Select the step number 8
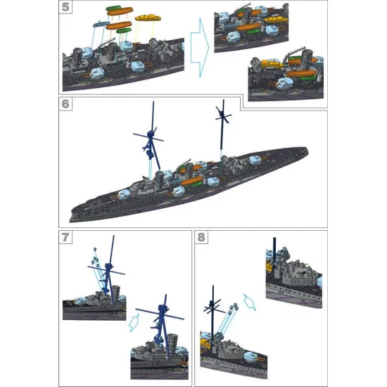pyautogui.click(x=203, y=237)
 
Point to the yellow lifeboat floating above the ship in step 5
pyautogui.click(x=146, y=17)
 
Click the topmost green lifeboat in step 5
pyautogui.click(x=114, y=10)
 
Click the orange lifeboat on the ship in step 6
pyautogui.click(x=191, y=181)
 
